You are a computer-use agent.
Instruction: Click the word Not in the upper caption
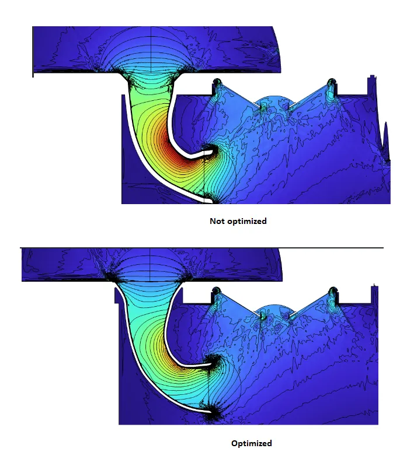tap(217, 221)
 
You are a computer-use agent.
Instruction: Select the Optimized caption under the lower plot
tap(252, 443)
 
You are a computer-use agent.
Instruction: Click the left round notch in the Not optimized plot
tap(217, 81)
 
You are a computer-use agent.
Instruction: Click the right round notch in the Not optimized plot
tap(332, 81)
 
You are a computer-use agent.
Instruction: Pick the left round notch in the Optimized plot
tap(216, 289)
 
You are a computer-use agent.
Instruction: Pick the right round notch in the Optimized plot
tap(333, 289)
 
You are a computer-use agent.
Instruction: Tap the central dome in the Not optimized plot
tap(275, 101)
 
